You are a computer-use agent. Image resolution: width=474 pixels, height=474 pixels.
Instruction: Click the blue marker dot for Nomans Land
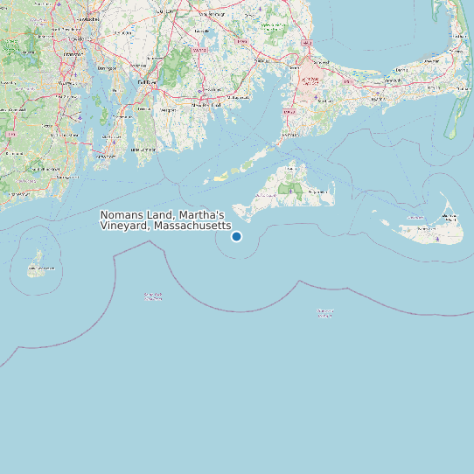(236, 236)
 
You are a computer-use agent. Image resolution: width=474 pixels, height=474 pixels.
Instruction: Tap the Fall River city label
(145, 82)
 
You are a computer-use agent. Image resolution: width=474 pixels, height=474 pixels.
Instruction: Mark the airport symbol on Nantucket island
(437, 238)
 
